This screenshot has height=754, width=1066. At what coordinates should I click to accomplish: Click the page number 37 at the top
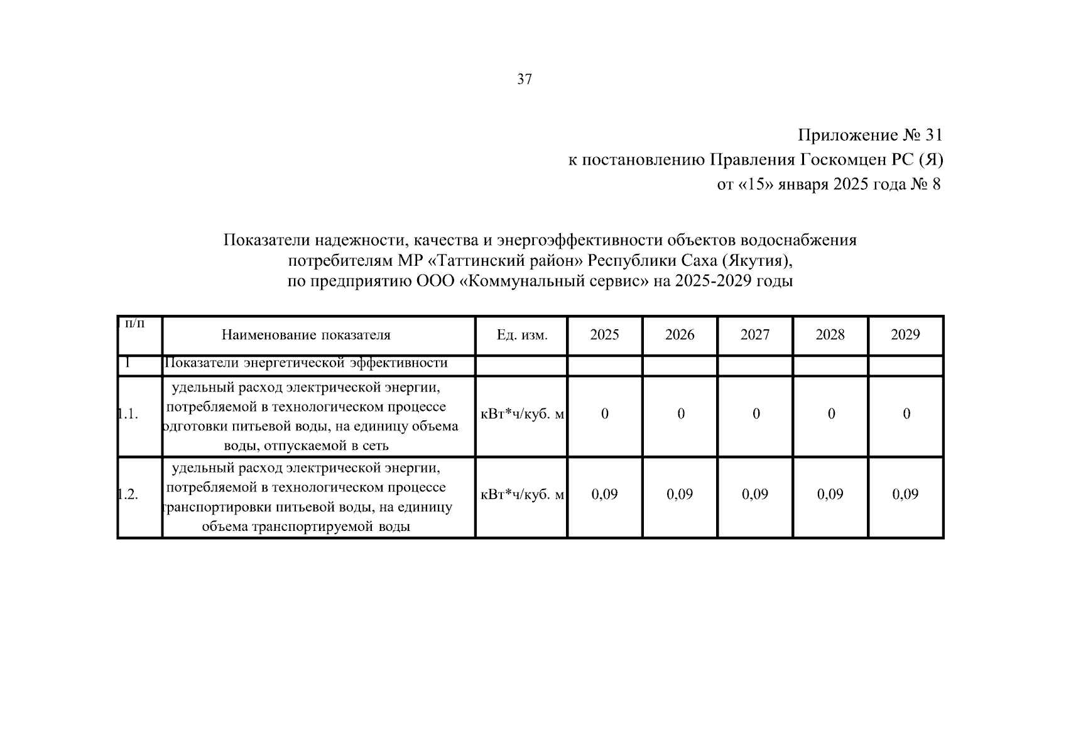tap(525, 80)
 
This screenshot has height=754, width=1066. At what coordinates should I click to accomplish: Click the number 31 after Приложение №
tap(933, 135)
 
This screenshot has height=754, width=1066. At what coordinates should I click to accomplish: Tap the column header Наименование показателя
tap(306, 335)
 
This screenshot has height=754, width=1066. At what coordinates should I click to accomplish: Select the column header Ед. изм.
tap(521, 335)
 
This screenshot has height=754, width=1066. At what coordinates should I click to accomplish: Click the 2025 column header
tap(604, 335)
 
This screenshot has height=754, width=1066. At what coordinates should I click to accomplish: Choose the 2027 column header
tap(755, 335)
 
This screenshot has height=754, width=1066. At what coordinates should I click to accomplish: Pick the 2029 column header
tap(905, 335)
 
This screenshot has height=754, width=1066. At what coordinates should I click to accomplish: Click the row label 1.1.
tap(128, 414)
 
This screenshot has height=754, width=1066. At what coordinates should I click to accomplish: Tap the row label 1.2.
tap(128, 494)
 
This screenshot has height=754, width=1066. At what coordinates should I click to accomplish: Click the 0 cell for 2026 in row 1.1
tap(680, 414)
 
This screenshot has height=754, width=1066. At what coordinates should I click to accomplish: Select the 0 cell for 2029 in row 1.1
tap(906, 414)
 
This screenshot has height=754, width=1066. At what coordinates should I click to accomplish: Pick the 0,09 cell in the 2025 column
tap(604, 494)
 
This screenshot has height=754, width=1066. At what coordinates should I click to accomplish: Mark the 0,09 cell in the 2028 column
tap(830, 494)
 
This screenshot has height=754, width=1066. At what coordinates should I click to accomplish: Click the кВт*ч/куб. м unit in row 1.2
tap(521, 494)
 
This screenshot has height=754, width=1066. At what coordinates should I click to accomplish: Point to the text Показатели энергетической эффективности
tap(306, 363)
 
